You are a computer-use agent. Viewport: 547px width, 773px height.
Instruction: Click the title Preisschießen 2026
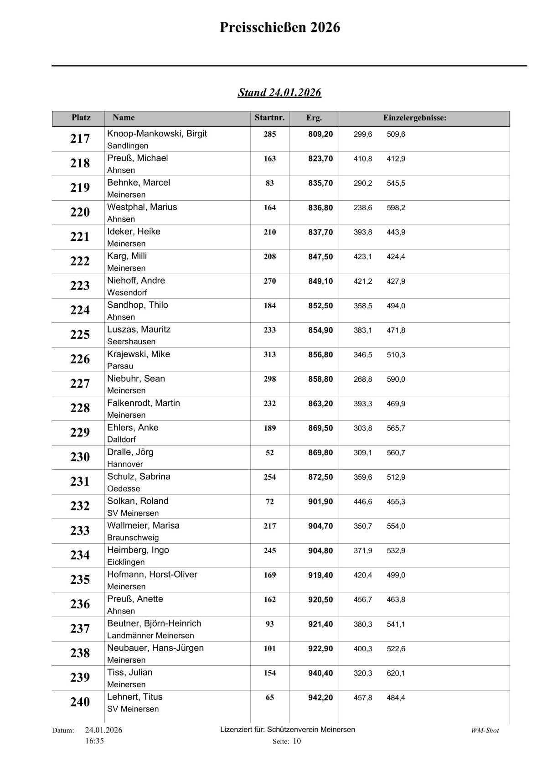pyautogui.click(x=279, y=28)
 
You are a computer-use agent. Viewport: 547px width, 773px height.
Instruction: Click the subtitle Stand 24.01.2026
pyautogui.click(x=279, y=93)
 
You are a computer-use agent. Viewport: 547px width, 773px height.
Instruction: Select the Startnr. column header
pyautogui.click(x=269, y=118)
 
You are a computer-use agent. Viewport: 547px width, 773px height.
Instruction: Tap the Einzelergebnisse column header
pyautogui.click(x=414, y=118)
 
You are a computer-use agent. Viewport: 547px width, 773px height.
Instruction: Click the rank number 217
pyautogui.click(x=80, y=139)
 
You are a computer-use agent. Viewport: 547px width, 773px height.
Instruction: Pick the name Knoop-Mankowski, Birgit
pyautogui.click(x=157, y=134)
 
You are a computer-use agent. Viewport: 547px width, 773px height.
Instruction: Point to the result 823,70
pyautogui.click(x=320, y=159)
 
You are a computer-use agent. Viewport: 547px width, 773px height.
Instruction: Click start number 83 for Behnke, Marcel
pyautogui.click(x=269, y=183)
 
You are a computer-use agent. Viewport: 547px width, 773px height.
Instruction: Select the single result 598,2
pyautogui.click(x=396, y=208)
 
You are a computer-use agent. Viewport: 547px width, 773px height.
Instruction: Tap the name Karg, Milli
pyautogui.click(x=127, y=256)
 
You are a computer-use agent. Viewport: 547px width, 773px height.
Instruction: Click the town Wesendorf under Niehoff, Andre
pyautogui.click(x=127, y=292)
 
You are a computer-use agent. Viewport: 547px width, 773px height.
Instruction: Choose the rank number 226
pyautogui.click(x=80, y=359)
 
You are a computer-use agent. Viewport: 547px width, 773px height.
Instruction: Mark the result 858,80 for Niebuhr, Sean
pyautogui.click(x=320, y=379)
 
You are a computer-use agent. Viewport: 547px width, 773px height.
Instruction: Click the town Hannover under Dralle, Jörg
pyautogui.click(x=125, y=464)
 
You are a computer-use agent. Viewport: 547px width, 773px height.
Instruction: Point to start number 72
pyautogui.click(x=269, y=502)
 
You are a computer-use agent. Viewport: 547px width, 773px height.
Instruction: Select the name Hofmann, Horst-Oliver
pyautogui.click(x=152, y=574)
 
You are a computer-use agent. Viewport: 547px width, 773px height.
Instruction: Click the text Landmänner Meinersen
pyautogui.click(x=150, y=635)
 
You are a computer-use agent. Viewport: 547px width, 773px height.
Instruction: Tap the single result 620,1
pyautogui.click(x=396, y=673)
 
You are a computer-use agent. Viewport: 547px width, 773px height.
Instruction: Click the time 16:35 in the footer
pyautogui.click(x=94, y=741)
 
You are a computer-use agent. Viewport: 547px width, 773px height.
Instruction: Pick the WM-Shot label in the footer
pyautogui.click(x=485, y=730)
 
